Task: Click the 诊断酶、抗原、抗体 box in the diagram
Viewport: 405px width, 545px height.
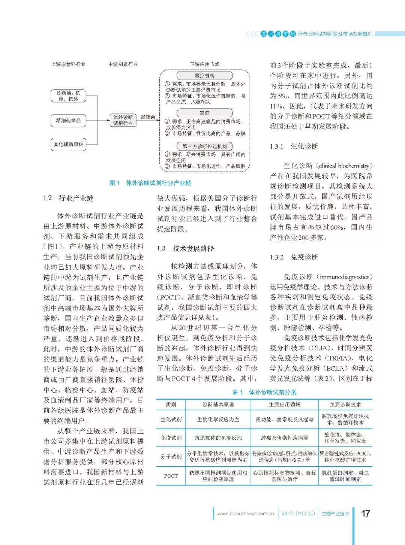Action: point(68,96)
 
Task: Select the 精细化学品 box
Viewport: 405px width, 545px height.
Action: point(68,121)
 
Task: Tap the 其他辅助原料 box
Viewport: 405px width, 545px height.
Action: point(68,144)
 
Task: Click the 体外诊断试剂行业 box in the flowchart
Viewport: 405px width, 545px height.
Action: point(123,120)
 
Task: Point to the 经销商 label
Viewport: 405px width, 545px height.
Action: point(148,117)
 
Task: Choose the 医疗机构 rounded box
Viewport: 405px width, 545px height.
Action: point(205,75)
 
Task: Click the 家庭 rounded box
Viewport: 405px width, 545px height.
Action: point(205,113)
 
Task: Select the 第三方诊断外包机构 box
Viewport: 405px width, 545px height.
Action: point(205,146)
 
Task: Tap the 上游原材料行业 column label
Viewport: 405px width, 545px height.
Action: point(68,64)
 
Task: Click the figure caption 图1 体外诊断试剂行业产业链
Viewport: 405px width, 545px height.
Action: point(150,183)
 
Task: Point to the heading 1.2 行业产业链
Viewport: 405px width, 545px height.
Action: point(68,198)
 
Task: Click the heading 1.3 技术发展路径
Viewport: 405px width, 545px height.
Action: point(186,248)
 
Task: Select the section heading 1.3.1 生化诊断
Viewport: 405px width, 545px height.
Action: point(294,146)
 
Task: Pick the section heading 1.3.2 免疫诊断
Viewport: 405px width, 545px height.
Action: point(294,257)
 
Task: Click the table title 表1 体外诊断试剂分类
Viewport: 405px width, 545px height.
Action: point(264,392)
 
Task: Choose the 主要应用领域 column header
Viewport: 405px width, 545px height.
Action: point(285,405)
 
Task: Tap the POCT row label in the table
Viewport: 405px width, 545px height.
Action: point(171,476)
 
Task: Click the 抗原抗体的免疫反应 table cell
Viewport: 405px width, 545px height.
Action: point(218,437)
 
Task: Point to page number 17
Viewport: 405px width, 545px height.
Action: point(366,513)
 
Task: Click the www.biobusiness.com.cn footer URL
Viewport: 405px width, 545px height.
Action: point(246,514)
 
